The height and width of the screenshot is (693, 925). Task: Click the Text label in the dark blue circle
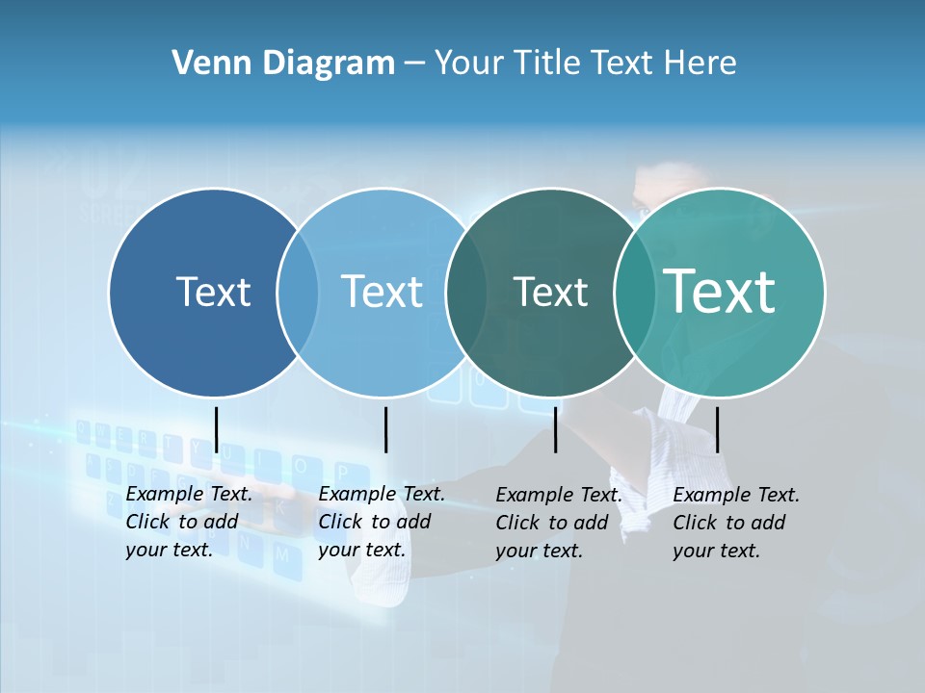click(213, 292)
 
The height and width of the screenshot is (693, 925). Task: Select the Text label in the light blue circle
click(382, 292)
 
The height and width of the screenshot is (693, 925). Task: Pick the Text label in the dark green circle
click(550, 292)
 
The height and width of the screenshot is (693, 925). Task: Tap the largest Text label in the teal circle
click(720, 291)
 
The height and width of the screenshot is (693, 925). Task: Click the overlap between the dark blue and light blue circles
click(298, 293)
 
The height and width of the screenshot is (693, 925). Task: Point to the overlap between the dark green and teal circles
click(635, 293)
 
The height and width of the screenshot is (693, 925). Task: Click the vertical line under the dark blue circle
click(216, 429)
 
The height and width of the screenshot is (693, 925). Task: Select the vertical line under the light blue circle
click(385, 429)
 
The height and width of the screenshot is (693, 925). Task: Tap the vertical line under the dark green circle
click(556, 429)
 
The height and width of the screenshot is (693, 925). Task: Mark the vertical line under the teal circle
click(718, 429)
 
